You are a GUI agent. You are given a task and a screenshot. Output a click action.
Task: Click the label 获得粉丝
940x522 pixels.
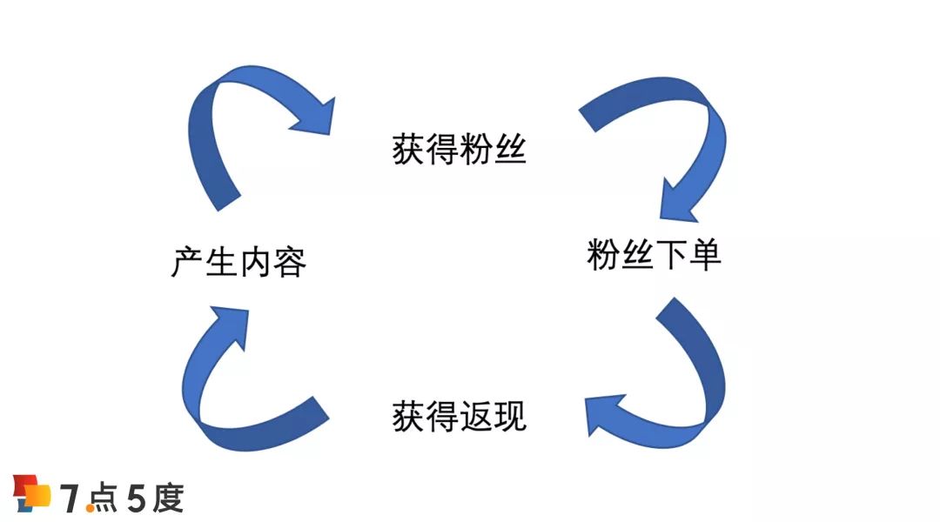pyautogui.click(x=460, y=151)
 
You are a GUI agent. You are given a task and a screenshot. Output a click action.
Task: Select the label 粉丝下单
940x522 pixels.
pyautogui.click(x=654, y=256)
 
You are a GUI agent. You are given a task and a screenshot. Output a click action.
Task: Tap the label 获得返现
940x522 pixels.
pyautogui.click(x=460, y=416)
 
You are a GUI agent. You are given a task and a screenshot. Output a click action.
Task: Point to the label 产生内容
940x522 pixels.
pyautogui.click(x=238, y=262)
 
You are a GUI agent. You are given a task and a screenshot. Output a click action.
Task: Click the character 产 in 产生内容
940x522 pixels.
pyautogui.click(x=188, y=262)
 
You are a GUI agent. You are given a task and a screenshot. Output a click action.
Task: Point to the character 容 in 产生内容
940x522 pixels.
pyautogui.click(x=290, y=262)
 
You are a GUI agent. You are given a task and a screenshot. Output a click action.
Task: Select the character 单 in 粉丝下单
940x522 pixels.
pyautogui.click(x=705, y=256)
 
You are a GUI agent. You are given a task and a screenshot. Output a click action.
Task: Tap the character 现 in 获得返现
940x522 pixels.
pyautogui.click(x=510, y=416)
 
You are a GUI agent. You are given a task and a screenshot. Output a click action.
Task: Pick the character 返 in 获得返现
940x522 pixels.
pyautogui.click(x=476, y=416)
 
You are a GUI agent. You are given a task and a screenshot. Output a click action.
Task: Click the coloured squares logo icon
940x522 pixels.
pyautogui.click(x=32, y=493)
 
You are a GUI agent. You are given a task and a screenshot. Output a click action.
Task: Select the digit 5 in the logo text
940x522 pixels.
pyautogui.click(x=137, y=499)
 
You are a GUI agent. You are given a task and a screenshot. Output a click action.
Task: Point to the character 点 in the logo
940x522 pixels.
pyautogui.click(x=102, y=499)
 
